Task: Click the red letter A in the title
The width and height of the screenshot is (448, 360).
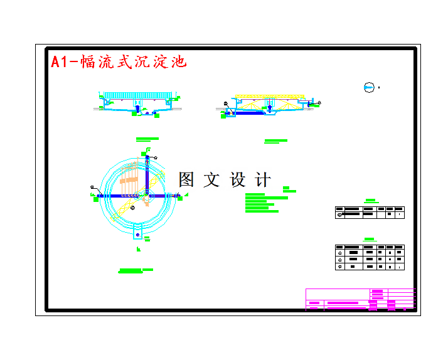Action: (56, 62)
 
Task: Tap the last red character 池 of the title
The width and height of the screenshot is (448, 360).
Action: (179, 61)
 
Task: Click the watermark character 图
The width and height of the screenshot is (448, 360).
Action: (186, 180)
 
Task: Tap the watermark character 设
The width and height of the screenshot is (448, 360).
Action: (238, 180)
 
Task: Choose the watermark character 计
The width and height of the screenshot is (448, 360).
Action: (263, 180)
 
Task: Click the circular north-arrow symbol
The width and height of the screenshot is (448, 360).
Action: (369, 88)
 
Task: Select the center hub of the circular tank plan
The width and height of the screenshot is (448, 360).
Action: (145, 196)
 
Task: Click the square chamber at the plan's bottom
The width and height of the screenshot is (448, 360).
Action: (139, 235)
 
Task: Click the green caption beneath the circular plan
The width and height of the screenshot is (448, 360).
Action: (135, 270)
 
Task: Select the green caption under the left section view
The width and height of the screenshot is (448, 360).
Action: (147, 139)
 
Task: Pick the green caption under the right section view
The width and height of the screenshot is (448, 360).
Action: (275, 141)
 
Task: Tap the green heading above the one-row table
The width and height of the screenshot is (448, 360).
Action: (370, 201)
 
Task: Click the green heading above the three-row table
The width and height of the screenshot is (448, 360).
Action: (370, 239)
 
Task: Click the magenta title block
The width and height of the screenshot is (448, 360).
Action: (360, 299)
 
